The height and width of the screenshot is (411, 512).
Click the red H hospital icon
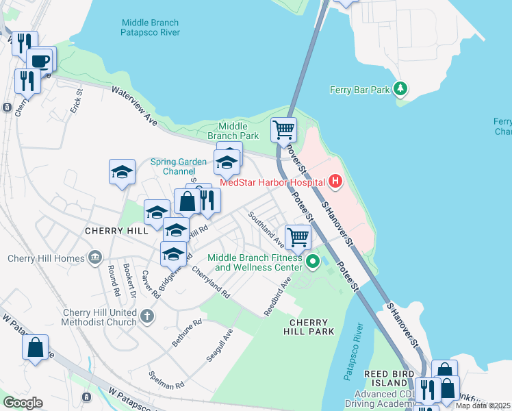pos(335,182)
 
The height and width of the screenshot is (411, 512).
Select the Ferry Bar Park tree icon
pos(401,88)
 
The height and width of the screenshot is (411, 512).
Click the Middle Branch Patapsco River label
pos(150,27)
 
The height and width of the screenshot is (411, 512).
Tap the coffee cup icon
pos(40,60)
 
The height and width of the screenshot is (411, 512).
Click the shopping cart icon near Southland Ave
pos(298,237)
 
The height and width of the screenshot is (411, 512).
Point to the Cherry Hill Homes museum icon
pos(95,258)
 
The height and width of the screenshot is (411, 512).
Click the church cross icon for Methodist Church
pos(148,316)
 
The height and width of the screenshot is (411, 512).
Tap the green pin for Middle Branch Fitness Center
pos(313,261)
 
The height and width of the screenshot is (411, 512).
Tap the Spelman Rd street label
pos(166,381)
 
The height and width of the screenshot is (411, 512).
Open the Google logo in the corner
pos(23,403)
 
